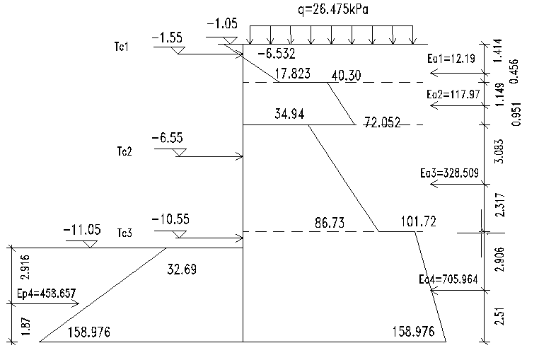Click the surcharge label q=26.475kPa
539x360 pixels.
coord(333,10)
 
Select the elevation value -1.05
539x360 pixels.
coord(222,24)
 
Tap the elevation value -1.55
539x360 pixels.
coord(167,37)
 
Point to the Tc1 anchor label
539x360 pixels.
coord(122,47)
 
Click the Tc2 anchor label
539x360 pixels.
coord(124,151)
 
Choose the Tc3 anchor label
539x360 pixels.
coord(124,233)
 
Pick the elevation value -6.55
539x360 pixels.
coord(168,138)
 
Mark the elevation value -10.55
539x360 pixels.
coord(170,219)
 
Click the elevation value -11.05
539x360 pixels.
coord(82,229)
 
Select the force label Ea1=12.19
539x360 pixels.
coord(451,59)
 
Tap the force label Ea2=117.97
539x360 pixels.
coord(453,94)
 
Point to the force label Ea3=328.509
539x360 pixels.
coord(450,173)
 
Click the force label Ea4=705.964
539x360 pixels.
coord(448,279)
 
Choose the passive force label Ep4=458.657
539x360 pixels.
coord(47,294)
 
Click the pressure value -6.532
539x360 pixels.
coord(277,54)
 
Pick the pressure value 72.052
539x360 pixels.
coord(382,122)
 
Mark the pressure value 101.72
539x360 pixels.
coord(418,221)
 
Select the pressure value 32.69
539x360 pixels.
coord(182,269)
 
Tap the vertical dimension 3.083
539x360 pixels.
coord(500,151)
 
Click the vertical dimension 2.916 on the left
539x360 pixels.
coord(25,267)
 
